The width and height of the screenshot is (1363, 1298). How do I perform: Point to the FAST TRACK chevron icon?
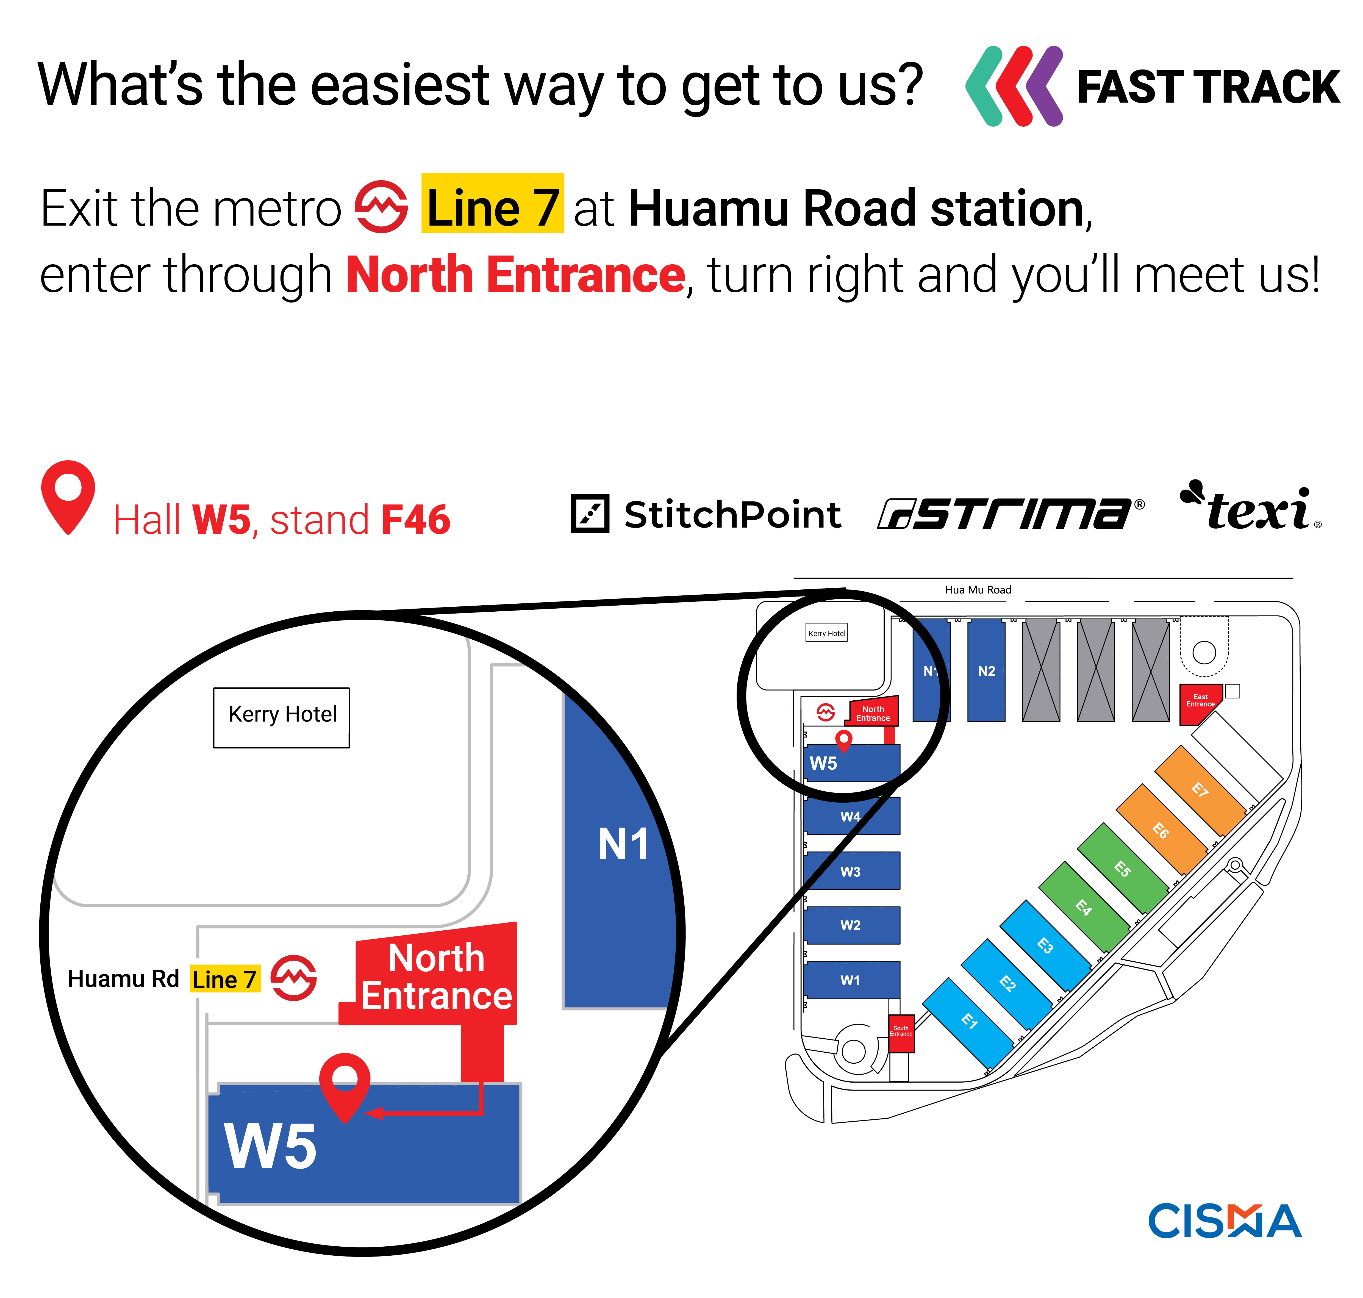pos(1014,87)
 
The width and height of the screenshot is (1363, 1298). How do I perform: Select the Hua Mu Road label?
pos(978,589)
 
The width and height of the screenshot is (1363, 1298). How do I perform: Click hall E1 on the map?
pos(969,1020)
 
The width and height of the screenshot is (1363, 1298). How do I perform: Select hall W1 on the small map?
pos(851,980)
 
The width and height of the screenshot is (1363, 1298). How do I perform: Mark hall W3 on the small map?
pos(851,871)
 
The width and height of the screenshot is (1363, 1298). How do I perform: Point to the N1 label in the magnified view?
pos(623,844)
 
